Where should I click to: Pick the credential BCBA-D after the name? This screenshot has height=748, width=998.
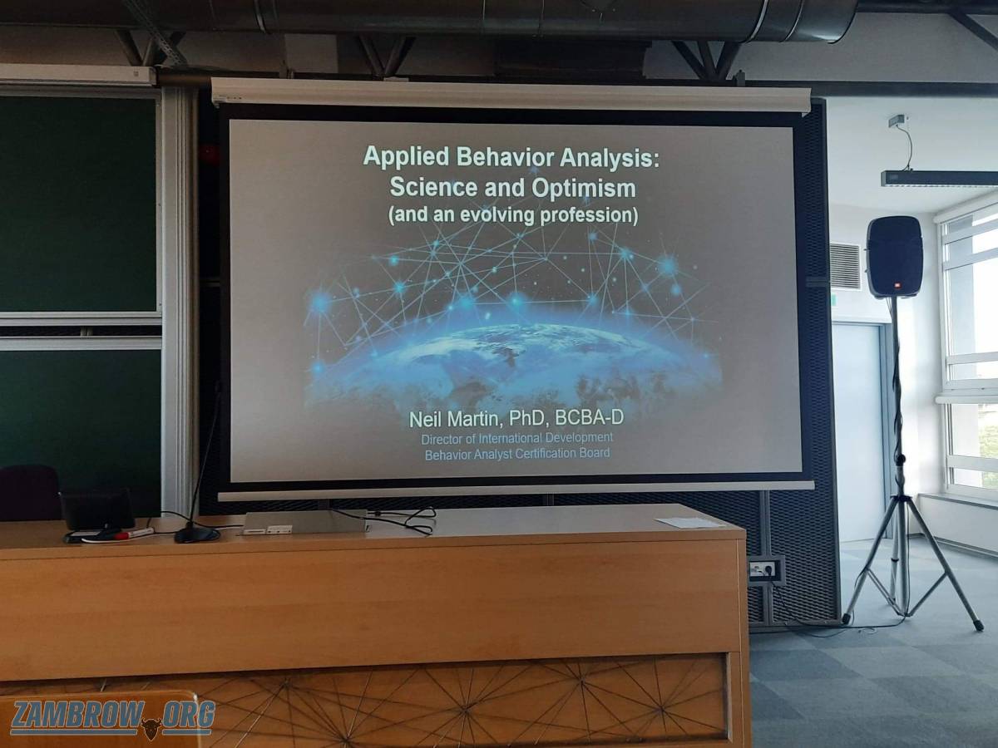(589, 417)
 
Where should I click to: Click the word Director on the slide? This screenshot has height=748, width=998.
(438, 439)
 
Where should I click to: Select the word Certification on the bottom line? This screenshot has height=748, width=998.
(547, 453)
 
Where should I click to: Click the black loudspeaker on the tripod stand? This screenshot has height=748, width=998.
(894, 257)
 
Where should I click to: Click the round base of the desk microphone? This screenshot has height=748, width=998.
(197, 534)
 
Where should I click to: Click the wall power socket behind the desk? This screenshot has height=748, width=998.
(766, 570)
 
